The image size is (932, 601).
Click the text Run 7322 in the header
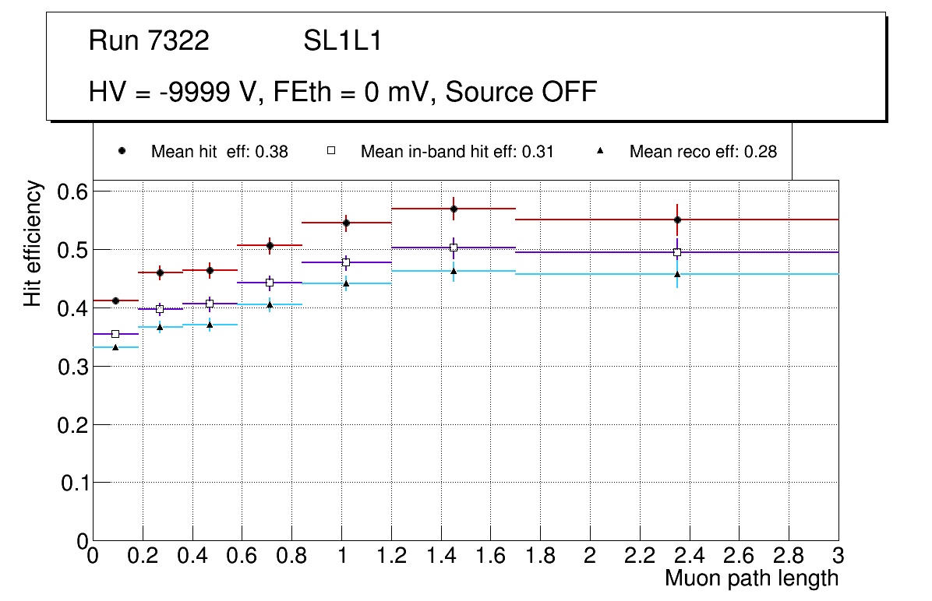(x=149, y=40)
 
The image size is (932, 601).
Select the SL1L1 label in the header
(x=342, y=40)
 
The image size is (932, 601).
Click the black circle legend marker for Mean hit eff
(x=122, y=151)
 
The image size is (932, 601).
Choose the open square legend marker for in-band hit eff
(x=331, y=151)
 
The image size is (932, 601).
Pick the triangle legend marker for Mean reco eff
(x=600, y=151)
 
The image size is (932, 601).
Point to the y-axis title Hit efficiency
(x=34, y=243)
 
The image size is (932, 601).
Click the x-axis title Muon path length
(x=751, y=578)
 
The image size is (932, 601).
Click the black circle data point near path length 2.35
(x=677, y=220)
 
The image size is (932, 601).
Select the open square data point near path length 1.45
(x=454, y=248)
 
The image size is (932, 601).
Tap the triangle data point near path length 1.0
(x=346, y=283)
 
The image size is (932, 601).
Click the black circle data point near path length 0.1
(x=115, y=300)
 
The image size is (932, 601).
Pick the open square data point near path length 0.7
(x=270, y=283)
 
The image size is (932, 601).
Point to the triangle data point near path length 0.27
(x=160, y=327)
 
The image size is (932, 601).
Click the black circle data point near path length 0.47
(x=210, y=270)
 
